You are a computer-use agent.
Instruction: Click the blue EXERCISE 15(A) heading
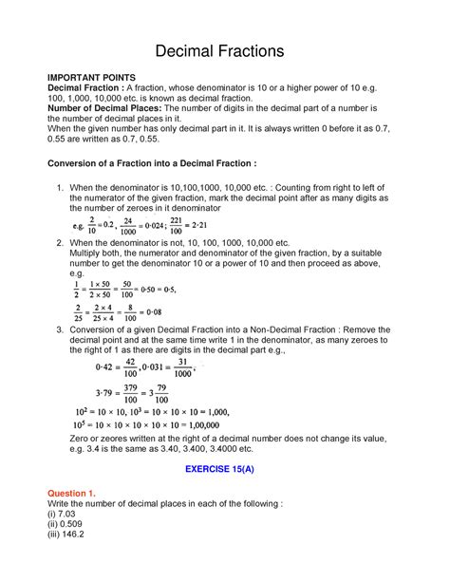coord(225,470)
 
